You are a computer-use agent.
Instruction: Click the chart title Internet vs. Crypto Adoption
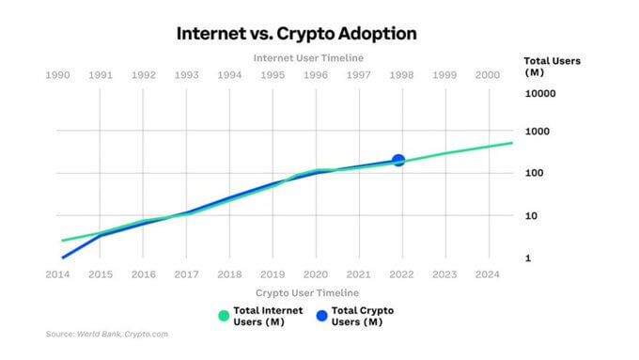(297, 33)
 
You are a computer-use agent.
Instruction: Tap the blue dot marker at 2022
(398, 161)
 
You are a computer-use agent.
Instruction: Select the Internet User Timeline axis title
(308, 57)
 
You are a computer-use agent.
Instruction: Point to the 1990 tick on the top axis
(58, 75)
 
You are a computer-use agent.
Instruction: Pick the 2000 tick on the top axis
(488, 75)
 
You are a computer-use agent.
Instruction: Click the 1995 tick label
(273, 75)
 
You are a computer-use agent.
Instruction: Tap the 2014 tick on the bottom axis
(58, 274)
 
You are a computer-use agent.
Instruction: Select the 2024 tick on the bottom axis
(488, 274)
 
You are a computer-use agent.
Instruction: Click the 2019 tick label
(273, 274)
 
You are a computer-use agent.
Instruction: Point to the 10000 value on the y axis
(541, 94)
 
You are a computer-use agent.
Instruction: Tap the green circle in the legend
(223, 316)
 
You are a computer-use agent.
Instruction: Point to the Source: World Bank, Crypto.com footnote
(106, 334)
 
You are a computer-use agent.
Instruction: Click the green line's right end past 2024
(511, 143)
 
